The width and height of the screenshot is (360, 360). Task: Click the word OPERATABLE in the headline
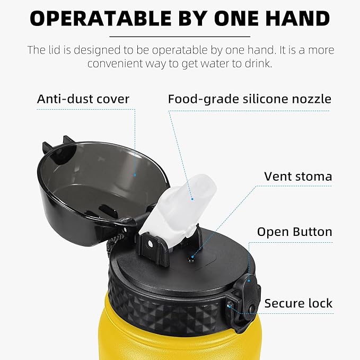click(x=101, y=19)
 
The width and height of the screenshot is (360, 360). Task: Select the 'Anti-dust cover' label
click(x=83, y=99)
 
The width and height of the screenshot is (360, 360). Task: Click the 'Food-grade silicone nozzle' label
click(x=250, y=100)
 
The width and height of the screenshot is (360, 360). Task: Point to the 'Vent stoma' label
click(x=298, y=177)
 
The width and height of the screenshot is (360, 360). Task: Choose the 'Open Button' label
click(x=295, y=232)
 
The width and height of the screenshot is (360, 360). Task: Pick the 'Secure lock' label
click(x=298, y=303)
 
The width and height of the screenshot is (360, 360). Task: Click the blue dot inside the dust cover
click(x=135, y=175)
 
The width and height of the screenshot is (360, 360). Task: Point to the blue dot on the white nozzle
click(x=192, y=199)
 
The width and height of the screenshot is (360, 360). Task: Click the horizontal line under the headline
click(x=180, y=37)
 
